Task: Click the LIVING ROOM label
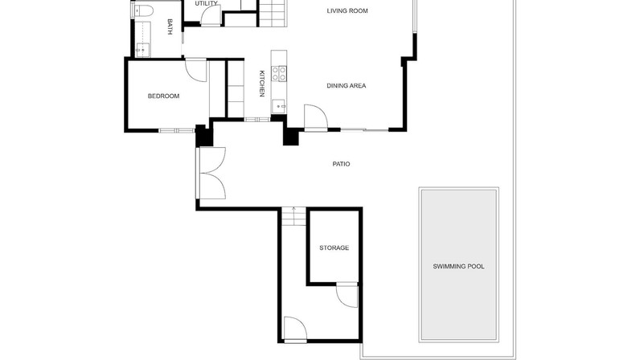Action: [x=347, y=11]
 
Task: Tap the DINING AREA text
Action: [x=346, y=86]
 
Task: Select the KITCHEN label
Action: [x=262, y=84]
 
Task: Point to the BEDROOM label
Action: [x=163, y=96]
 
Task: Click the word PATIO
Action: [x=341, y=164]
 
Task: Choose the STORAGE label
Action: [x=334, y=247]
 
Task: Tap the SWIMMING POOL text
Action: [x=458, y=267]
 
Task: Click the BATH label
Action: [x=170, y=27]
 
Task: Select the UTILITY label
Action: [x=206, y=4]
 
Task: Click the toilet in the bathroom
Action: [x=142, y=10]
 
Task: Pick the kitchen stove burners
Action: [x=279, y=73]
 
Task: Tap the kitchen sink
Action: [x=279, y=106]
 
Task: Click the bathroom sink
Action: [x=142, y=50]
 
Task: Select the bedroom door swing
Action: [x=196, y=70]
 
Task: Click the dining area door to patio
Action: [x=315, y=117]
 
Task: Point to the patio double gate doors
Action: [x=211, y=174]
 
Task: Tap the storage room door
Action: [x=347, y=296]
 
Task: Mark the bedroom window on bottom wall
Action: [x=176, y=131]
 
